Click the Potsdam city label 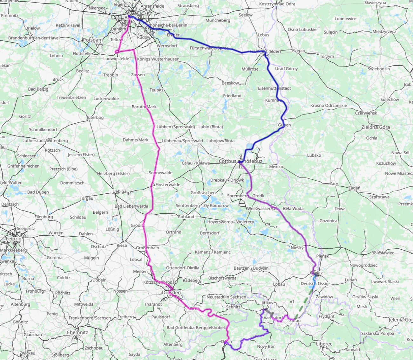tap(93, 40)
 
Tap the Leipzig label tap(14, 239)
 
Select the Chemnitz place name tap(77, 332)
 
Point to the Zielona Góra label tap(376, 127)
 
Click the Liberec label tap(324, 344)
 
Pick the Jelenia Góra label tap(401, 320)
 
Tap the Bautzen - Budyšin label tap(251, 268)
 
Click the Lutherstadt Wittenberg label tap(45, 141)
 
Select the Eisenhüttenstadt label tap(274, 88)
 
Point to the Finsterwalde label tap(168, 184)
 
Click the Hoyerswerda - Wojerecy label tap(231, 222)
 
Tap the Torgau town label tap(86, 198)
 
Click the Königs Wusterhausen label tap(158, 59)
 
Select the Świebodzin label tap(379, 69)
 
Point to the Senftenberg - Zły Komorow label tap(202, 205)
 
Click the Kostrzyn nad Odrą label tap(277, 4)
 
